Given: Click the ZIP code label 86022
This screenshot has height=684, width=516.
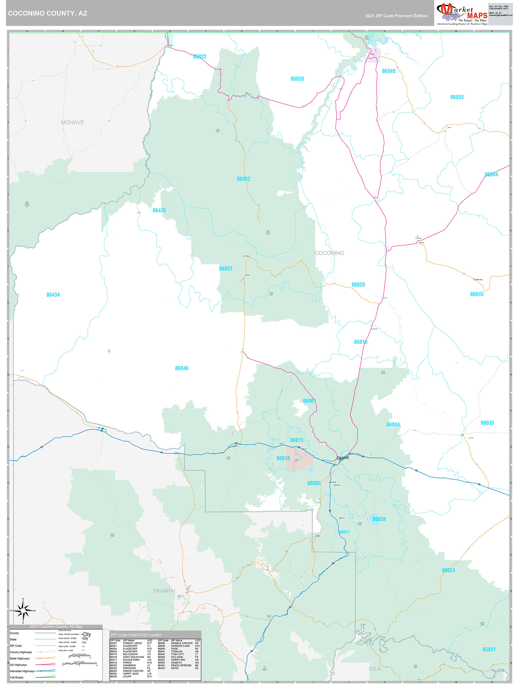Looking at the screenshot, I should pos(199,57).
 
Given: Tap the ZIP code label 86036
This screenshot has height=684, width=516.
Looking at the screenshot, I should pos(297,79).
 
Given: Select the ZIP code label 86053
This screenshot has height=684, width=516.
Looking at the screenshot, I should pos(457,97).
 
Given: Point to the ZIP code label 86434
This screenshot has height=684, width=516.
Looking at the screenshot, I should pos(53,295).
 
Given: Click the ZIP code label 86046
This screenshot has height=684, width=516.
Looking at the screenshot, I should pos(182,368).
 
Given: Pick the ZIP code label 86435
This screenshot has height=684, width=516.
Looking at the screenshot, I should pos(159,210).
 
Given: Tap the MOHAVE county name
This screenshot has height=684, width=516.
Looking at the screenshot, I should pos(72,122).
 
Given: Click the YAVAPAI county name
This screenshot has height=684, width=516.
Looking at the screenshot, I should pos(164,591).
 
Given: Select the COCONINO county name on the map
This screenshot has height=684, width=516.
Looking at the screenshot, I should pos(329,253).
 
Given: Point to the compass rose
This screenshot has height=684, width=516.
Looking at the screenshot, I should pos(23,611).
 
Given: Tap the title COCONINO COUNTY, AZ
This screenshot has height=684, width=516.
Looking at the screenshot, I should pos(48,13).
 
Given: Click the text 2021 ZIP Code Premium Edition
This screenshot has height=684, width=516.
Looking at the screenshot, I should pos(396,16).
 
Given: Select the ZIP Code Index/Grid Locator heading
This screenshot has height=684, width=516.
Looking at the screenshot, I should pos(136,635).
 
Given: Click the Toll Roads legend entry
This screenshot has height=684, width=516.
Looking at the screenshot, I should pos(17,677).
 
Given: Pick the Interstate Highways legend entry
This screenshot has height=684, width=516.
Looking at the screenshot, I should pos(22,671).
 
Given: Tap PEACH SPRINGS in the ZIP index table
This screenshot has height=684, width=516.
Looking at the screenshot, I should pos(181,665).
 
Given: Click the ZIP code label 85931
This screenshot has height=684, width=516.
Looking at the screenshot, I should pos(489,649).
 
